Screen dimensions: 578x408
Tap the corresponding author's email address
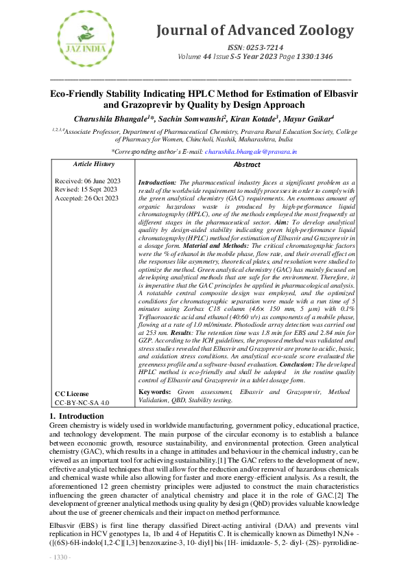coord(228,151)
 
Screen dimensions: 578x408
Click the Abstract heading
coord(247,165)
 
